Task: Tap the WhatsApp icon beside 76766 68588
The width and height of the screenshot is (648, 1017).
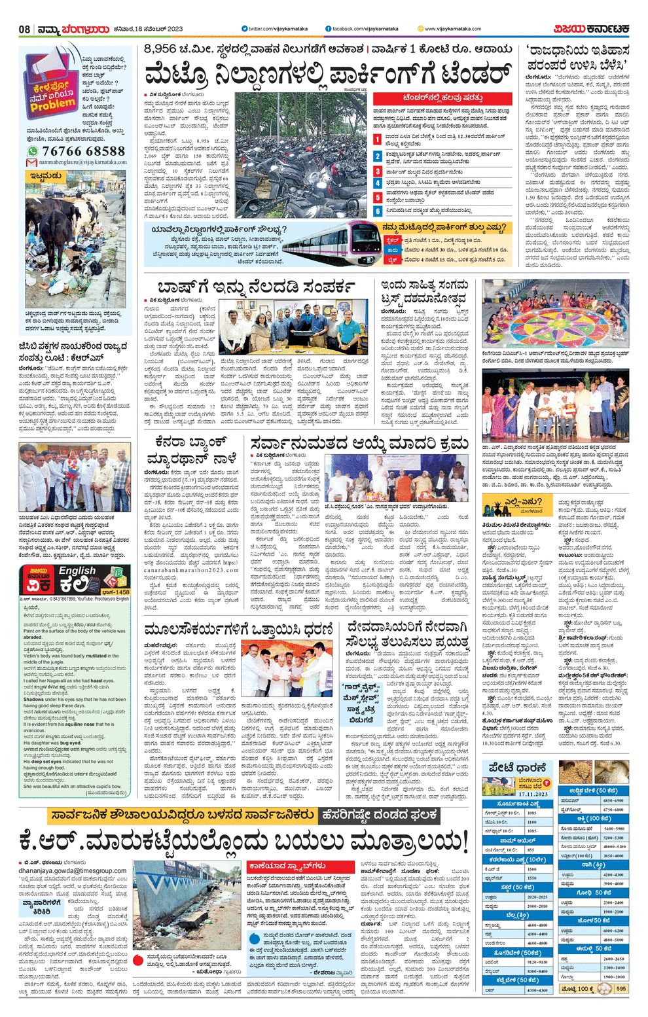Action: click(x=33, y=151)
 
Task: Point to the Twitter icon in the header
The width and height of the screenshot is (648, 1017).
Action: click(x=244, y=29)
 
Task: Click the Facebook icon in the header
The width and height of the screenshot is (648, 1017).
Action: click(x=328, y=29)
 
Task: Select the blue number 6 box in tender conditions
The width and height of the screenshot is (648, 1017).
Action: click(x=378, y=211)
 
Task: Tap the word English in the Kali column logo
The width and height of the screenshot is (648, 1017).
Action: click(x=77, y=571)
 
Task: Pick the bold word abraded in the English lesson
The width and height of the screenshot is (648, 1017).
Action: click(x=33, y=637)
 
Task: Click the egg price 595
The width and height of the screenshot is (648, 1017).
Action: click(x=621, y=989)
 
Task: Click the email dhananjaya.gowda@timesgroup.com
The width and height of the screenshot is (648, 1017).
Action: click(x=73, y=870)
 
